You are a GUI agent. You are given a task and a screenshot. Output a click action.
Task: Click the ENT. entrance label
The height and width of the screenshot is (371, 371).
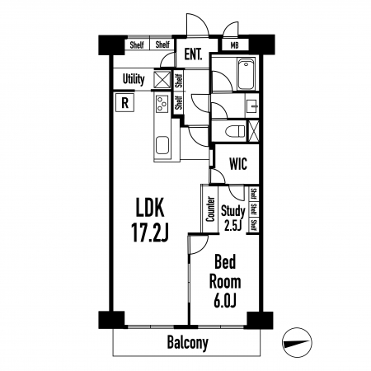pos(193,54)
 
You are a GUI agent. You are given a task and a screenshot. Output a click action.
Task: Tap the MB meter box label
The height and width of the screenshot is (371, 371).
pos(234,45)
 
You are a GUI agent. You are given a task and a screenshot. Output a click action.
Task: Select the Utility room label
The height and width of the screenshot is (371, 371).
pos(134,79)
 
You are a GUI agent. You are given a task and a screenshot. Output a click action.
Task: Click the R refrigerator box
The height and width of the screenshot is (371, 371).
pos(125,103)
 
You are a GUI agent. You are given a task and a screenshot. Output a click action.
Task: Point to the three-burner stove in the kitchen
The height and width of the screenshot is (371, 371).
pos(162,103)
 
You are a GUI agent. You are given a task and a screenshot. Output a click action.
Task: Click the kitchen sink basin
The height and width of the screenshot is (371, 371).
pos(162,145)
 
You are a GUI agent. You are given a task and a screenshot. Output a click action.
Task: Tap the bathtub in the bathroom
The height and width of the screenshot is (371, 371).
pos(246,73)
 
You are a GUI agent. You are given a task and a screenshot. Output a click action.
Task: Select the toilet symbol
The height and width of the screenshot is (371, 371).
pos(235,131)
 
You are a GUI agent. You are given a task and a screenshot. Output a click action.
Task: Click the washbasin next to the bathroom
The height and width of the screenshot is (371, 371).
pos(252,106)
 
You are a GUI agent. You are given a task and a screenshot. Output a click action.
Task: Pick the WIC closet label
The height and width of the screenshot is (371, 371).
pos(238,163)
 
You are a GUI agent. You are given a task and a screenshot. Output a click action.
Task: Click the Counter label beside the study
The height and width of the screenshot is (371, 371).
pos(210,209)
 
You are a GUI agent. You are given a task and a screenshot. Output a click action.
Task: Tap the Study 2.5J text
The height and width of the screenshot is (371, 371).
pos(233,218)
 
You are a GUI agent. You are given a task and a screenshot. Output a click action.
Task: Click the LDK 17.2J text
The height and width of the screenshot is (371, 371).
pos(150,220)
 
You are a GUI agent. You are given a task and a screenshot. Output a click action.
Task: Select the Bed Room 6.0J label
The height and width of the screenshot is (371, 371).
pos(225,281)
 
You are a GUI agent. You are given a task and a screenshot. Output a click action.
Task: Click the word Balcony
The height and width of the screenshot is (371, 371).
pos(188,343)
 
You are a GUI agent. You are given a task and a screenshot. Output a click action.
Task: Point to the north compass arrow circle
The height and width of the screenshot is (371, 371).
pos(297,342)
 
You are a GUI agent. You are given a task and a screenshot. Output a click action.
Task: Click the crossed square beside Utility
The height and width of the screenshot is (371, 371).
pos(162,80)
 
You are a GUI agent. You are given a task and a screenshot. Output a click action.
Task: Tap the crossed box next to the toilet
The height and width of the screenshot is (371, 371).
pos(254,131)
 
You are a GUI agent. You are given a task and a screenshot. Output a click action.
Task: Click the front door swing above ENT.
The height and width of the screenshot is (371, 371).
pos(197,24)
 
